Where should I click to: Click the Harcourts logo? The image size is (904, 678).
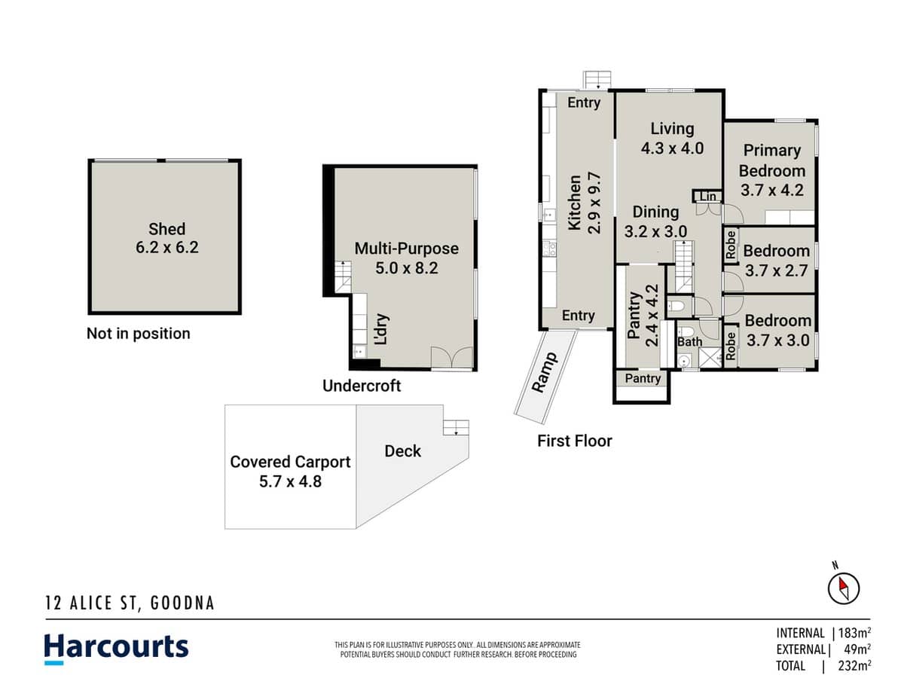[x=116, y=648]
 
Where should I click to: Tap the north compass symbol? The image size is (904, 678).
[x=844, y=587]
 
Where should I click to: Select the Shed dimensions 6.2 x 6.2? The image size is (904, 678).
[x=166, y=247]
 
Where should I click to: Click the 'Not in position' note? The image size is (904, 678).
[x=139, y=334]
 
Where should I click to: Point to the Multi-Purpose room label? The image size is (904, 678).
[x=406, y=249]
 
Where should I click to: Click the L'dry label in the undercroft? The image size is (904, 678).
[x=381, y=330]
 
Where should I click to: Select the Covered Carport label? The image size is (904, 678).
[x=290, y=462]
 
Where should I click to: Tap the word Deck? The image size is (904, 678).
[x=403, y=451]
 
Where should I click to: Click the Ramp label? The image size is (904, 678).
[x=544, y=372]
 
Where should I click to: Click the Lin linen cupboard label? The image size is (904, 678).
[x=707, y=197]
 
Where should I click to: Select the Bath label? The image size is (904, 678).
[x=689, y=342]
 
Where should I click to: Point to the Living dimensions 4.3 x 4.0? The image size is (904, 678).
[x=672, y=148]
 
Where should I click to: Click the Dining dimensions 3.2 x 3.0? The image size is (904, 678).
[x=655, y=231]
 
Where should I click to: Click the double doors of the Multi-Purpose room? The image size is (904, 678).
[x=452, y=359]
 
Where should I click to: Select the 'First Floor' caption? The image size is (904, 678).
[x=574, y=441]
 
